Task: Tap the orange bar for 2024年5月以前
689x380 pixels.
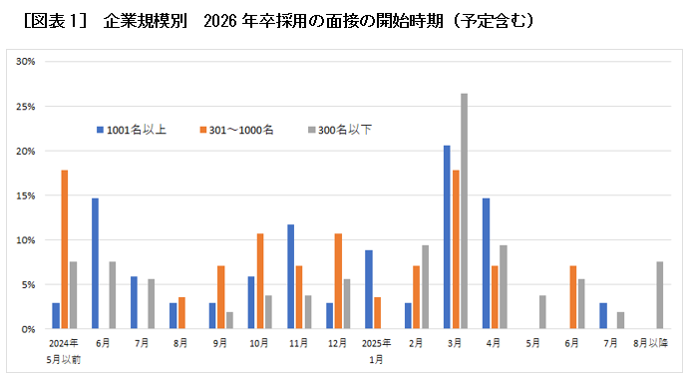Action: (x=65, y=249)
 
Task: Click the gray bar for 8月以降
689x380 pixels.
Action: (x=659, y=295)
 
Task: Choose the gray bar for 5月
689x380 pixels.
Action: (x=541, y=312)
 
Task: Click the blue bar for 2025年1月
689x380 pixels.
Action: (x=369, y=289)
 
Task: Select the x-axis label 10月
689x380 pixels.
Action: (x=259, y=343)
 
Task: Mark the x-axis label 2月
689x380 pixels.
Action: (x=416, y=343)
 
